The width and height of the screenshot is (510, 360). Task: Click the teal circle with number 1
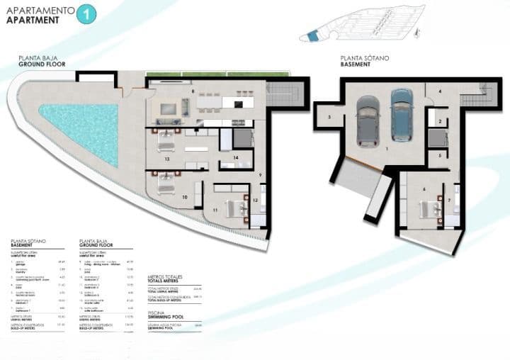pyautogui.click(x=86, y=14)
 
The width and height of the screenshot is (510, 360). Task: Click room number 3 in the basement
pyautogui.click(x=329, y=118)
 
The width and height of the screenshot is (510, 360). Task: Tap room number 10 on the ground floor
pyautogui.click(x=184, y=197)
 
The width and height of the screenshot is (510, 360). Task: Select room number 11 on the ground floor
pyautogui.click(x=215, y=210)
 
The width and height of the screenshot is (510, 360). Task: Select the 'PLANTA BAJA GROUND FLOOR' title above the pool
pyautogui.click(x=42, y=61)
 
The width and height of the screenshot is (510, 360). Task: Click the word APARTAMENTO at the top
pyautogui.click(x=39, y=10)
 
